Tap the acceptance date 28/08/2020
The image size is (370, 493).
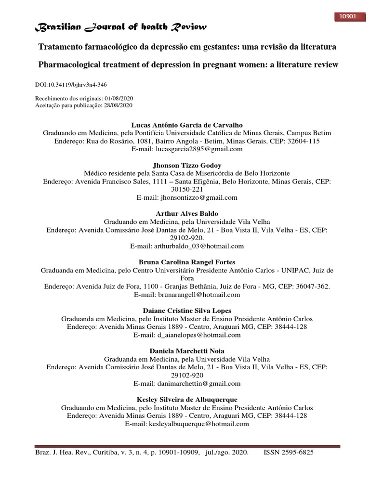tap(118, 105)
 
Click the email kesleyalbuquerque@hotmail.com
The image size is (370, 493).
tap(202, 424)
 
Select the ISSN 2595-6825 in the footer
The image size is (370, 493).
tap(291, 453)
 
